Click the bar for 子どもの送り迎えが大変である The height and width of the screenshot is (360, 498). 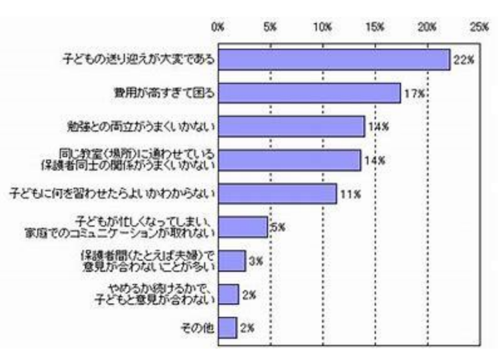tap(333, 59)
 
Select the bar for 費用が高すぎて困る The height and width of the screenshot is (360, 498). tap(309, 93)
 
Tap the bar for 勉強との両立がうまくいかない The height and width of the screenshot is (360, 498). tap(291, 126)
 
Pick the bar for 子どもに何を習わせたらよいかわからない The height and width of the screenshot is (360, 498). tap(277, 193)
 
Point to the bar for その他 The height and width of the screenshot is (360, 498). tap(227, 328)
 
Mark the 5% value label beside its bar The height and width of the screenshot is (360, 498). tap(278, 226)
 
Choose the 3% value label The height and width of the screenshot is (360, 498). tap(255, 261)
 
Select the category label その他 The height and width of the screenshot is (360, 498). tap(200, 328)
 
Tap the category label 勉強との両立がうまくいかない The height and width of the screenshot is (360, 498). tap(142, 126)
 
